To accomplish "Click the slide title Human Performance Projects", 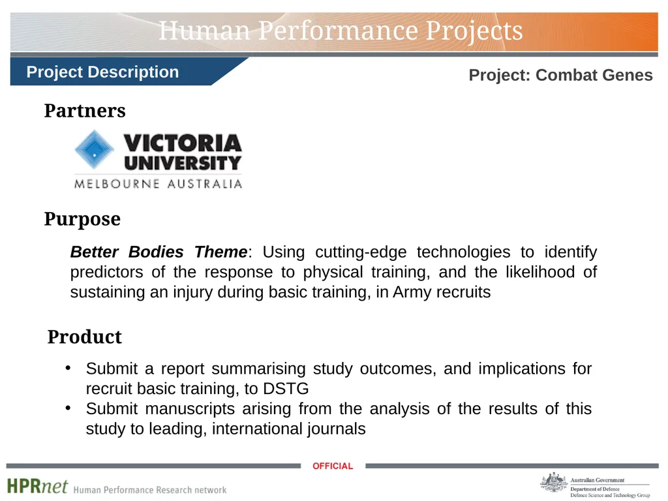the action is (x=341, y=31).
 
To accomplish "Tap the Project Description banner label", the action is (x=102, y=72).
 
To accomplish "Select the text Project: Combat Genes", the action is (x=560, y=75).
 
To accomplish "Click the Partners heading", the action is (x=85, y=110).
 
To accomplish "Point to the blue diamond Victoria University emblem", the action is (x=94, y=149).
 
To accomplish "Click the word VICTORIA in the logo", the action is (x=183, y=143).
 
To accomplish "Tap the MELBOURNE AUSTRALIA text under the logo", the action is (x=158, y=183).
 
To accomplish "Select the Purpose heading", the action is (x=82, y=219).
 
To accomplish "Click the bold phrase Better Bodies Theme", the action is (x=159, y=252).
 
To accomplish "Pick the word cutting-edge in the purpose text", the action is (x=361, y=252).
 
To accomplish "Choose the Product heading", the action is (x=84, y=337).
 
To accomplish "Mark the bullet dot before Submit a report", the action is (x=68, y=367).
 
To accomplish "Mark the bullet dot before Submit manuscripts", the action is (x=68, y=408).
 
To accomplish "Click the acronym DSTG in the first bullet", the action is (x=286, y=389).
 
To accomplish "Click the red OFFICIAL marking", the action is (x=333, y=466).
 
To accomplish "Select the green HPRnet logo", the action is (x=37, y=486).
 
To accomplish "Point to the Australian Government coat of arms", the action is (x=554, y=483).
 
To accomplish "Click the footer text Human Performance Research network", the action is (x=150, y=490).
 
